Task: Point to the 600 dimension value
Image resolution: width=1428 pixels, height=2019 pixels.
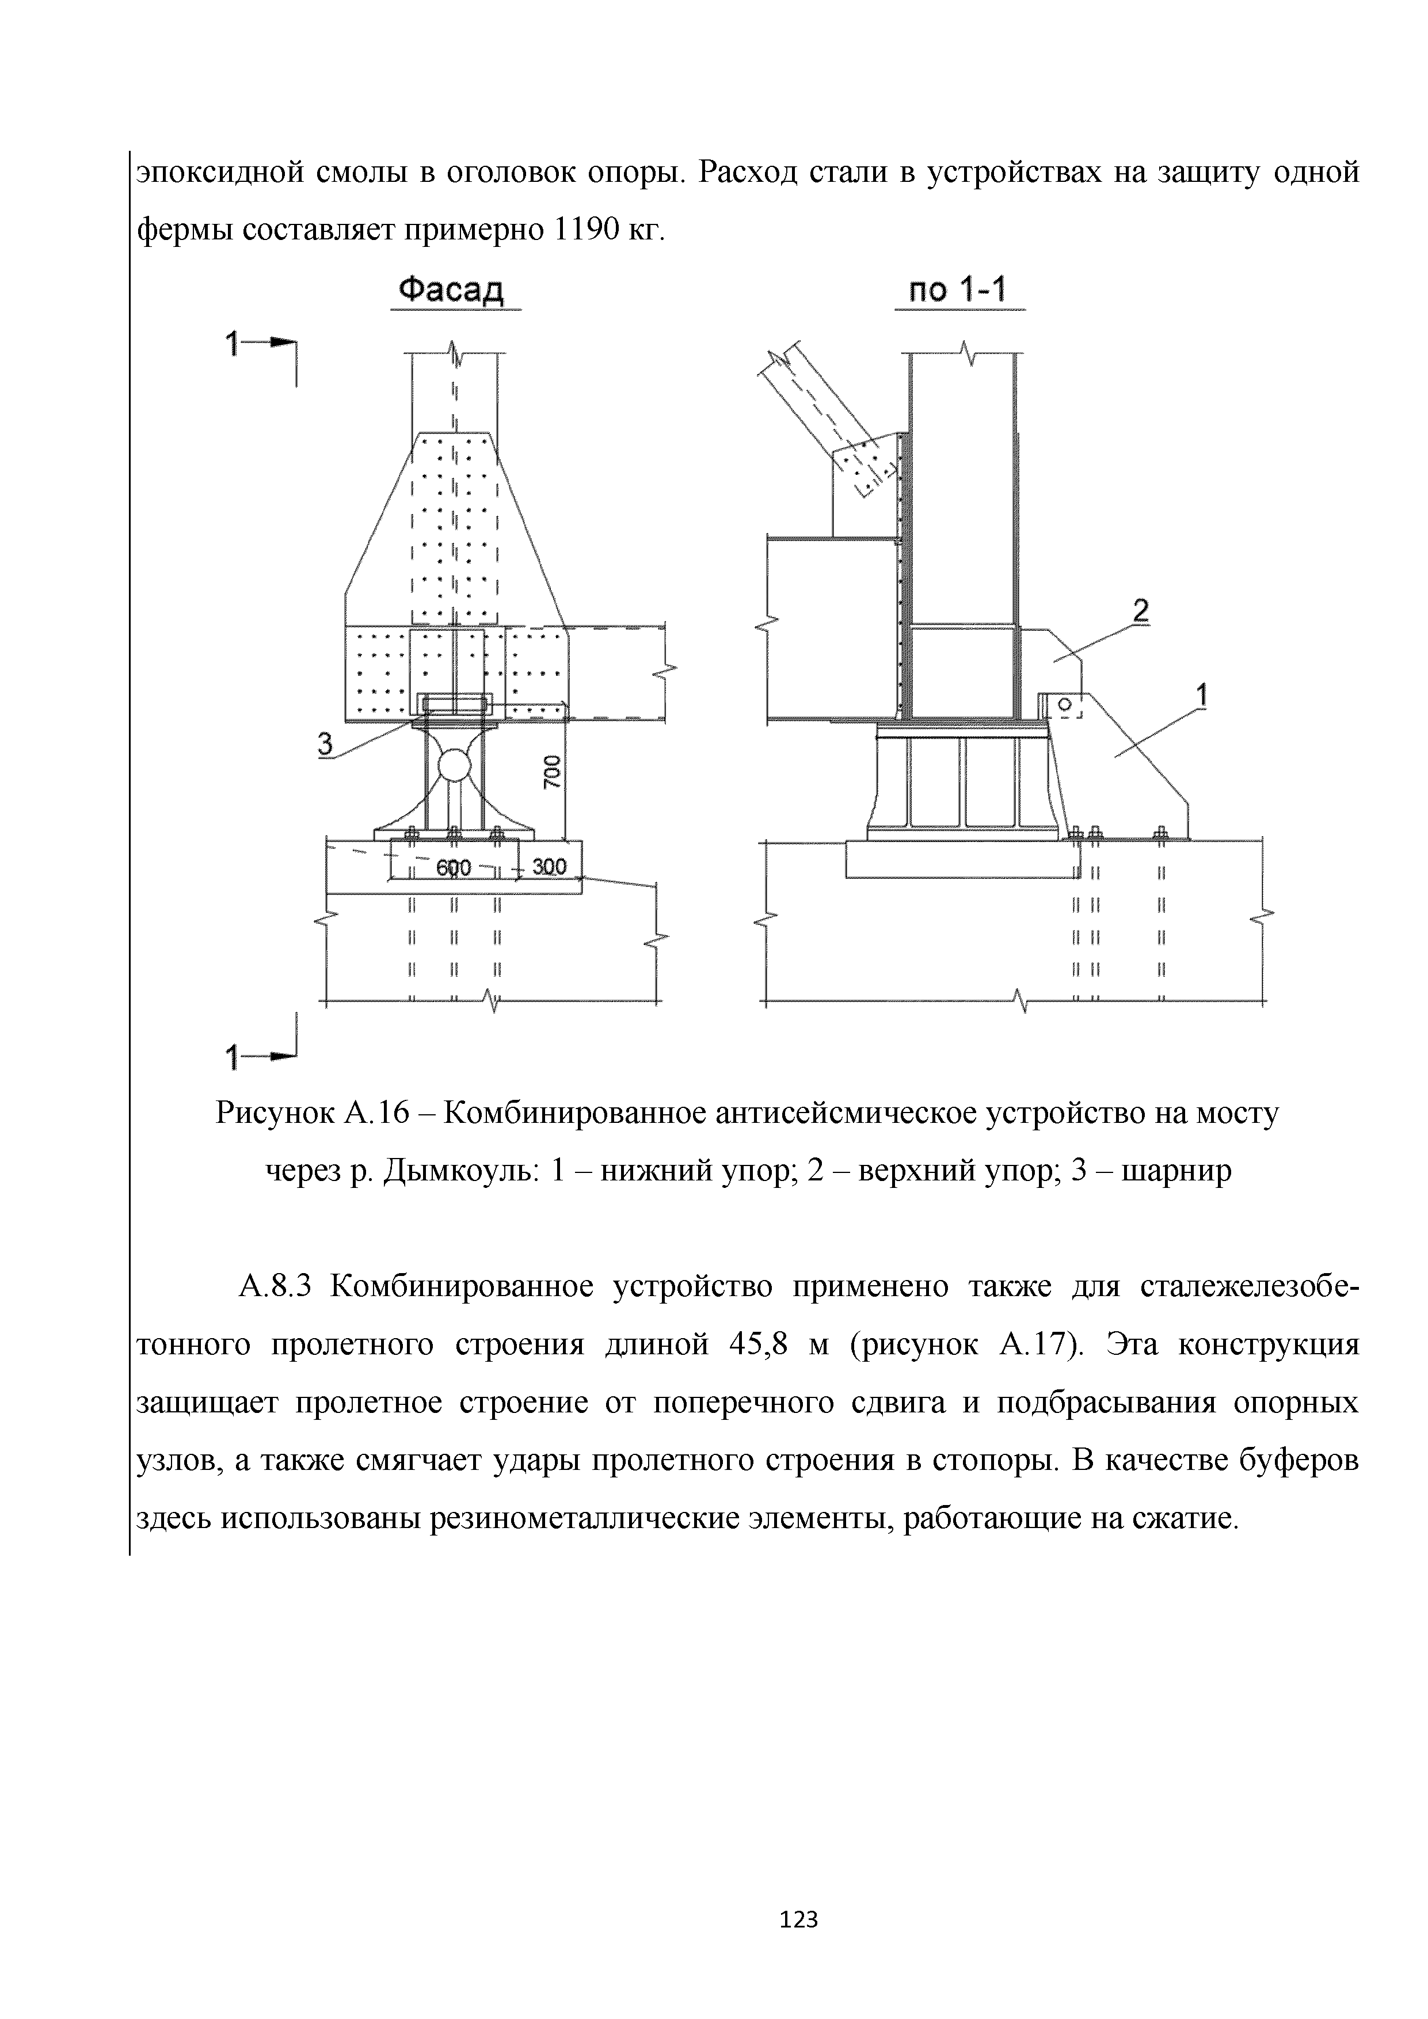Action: pos(454,868)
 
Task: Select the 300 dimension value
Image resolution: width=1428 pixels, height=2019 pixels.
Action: pos(549,867)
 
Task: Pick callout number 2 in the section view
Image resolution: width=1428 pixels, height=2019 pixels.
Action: pos(1140,611)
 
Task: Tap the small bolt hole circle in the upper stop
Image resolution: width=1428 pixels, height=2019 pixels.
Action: pos(1063,704)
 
